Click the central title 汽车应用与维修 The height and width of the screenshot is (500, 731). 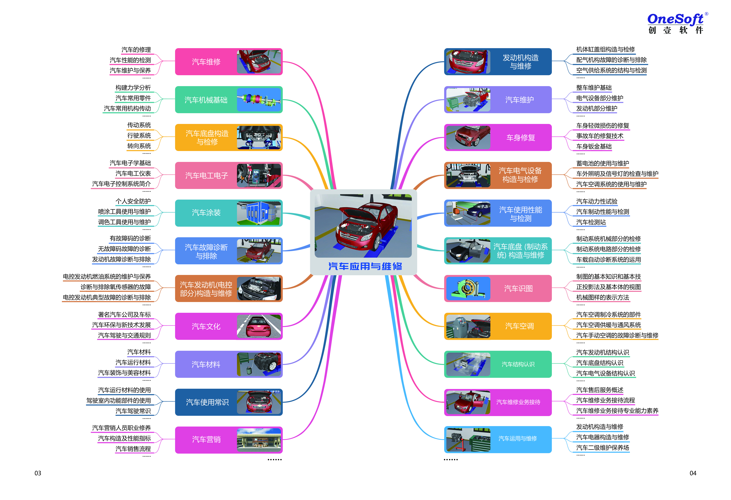(x=365, y=266)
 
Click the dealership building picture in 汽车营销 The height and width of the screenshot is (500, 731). (x=258, y=440)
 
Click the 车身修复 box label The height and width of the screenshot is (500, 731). (x=521, y=138)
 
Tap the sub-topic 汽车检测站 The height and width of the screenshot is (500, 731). (x=591, y=222)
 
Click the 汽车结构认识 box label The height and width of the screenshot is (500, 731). (x=518, y=364)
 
